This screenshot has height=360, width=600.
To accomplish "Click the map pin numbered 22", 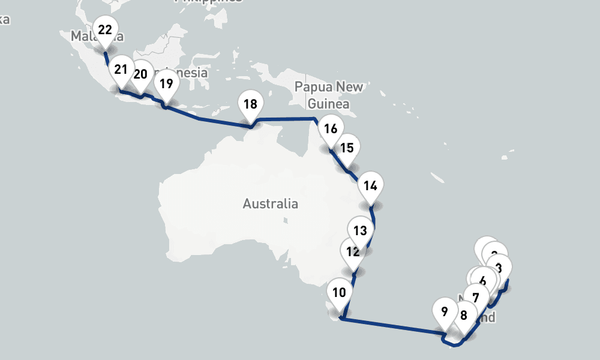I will (x=105, y=29).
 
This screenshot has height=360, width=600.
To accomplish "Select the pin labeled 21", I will (x=121, y=70).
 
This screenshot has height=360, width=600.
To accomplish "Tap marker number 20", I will (x=141, y=74).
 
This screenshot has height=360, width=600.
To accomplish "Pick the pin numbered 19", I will (x=166, y=83).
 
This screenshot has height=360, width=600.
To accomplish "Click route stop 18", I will (x=250, y=104).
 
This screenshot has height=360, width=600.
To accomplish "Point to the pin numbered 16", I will (x=331, y=128).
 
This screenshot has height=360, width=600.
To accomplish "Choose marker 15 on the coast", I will (x=347, y=148).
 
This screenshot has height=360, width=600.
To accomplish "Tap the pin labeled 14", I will (x=370, y=185).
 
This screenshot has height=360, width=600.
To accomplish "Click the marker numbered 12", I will (x=352, y=252).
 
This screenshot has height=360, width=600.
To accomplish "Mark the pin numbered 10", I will (x=339, y=293).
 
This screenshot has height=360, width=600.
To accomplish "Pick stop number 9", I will (x=444, y=312).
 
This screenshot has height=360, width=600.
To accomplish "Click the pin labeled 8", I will (x=463, y=315).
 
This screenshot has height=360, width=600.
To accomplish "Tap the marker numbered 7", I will (x=476, y=298).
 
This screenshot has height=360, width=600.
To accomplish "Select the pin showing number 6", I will (x=484, y=280).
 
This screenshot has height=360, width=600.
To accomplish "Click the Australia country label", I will (x=270, y=204).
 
